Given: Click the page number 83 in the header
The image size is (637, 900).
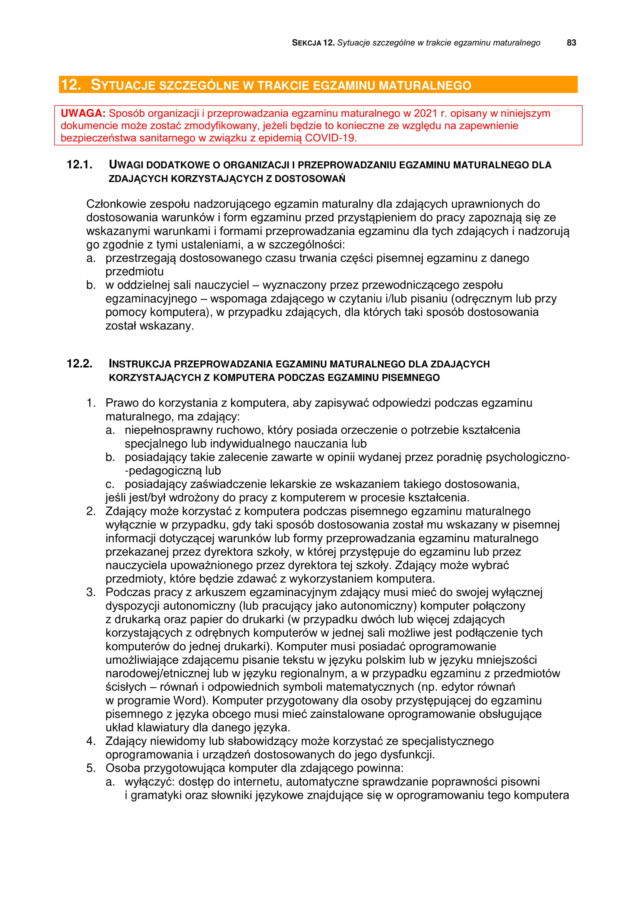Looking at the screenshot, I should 571,43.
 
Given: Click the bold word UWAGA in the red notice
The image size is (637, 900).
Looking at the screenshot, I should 83,113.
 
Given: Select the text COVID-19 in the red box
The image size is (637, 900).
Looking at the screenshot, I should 330,138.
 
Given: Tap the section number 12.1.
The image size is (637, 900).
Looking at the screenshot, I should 80,165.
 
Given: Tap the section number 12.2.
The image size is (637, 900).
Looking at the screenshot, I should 80,364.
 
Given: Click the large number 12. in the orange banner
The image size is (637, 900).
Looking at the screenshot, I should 71,85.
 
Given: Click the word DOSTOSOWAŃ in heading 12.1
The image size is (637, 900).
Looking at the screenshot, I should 310,179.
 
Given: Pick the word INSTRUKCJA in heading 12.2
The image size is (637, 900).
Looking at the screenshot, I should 140,364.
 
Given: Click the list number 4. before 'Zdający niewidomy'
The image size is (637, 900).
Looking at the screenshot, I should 91,741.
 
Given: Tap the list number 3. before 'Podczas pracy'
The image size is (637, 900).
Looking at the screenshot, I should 91,592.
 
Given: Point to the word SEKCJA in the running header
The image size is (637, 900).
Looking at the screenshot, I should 306,43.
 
